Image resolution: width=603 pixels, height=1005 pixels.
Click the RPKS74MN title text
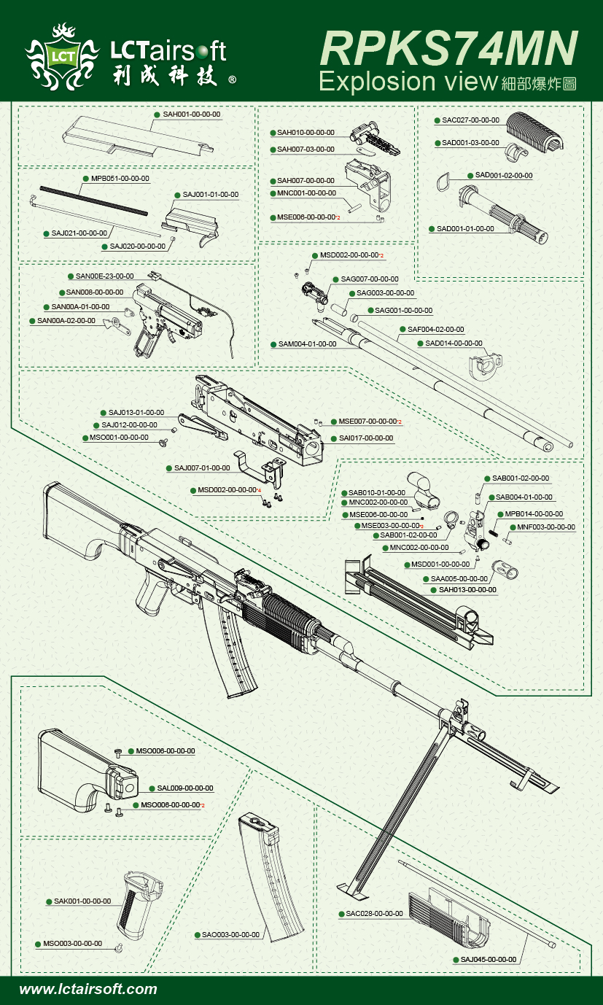coord(448,48)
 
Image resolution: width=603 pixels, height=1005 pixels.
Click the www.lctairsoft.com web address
coord(88,990)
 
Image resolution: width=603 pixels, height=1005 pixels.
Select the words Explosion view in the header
coord(408,81)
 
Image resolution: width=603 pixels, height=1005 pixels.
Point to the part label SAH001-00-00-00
coord(191,115)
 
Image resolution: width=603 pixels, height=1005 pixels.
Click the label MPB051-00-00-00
coord(120,178)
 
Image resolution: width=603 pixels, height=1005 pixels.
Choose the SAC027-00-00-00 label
coord(470,120)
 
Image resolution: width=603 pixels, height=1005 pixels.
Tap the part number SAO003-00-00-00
coord(230,934)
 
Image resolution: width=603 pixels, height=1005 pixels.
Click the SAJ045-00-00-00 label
coord(488,959)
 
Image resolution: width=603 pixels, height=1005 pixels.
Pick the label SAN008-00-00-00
coord(94,292)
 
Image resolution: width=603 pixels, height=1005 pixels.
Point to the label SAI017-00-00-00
coord(365,438)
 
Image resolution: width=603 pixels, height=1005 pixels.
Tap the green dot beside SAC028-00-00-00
coord(341,914)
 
